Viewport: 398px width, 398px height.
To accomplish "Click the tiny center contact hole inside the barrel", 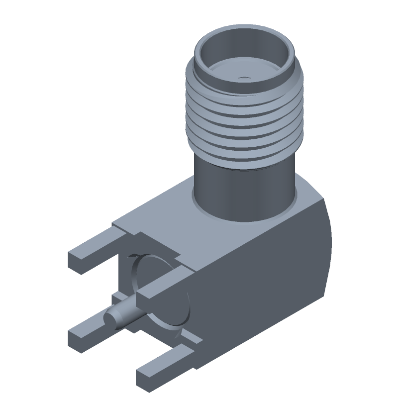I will point(243,78).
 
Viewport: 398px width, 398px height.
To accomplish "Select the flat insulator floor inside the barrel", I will point(234,74).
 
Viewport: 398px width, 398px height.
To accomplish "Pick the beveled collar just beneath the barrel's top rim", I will point(199,67).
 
